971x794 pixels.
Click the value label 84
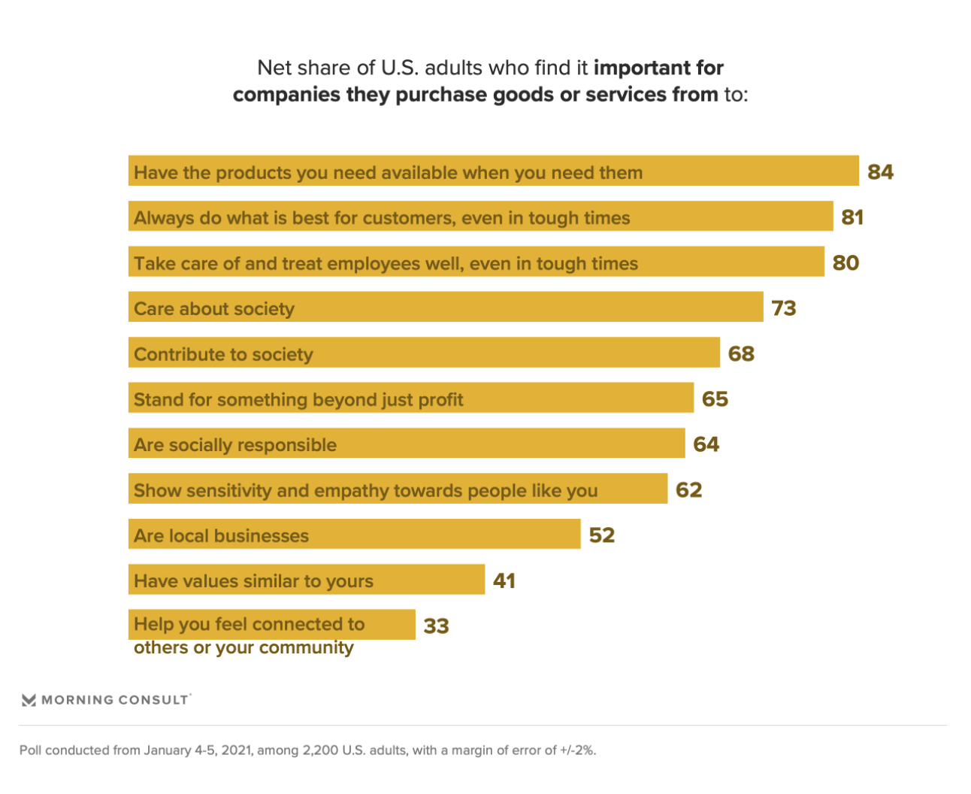coord(880,172)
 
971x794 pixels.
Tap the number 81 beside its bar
coord(852,217)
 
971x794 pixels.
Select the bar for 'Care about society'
coord(446,308)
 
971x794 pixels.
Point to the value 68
coord(741,353)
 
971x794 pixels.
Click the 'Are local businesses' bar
coord(354,534)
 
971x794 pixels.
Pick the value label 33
coord(436,626)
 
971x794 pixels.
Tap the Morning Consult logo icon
coord(29,700)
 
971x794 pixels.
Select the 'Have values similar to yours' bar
coord(307,580)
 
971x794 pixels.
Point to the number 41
coord(504,580)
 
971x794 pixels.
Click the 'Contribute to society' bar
coord(424,353)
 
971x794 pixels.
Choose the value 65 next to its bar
coord(715,399)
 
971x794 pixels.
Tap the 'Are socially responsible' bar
coord(407,444)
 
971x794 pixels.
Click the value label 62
coord(688,489)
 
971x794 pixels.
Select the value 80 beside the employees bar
coord(845,262)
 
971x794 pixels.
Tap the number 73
coord(784,308)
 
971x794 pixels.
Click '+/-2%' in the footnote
coord(577,750)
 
